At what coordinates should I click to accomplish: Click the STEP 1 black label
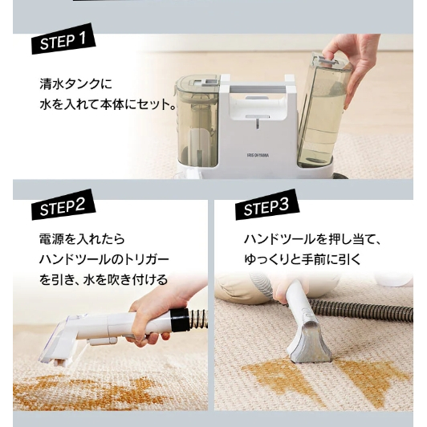click(x=65, y=40)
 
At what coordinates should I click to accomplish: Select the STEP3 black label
click(x=265, y=208)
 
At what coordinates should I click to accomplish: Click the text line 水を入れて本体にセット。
click(x=108, y=104)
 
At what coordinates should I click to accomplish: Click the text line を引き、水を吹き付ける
click(x=104, y=279)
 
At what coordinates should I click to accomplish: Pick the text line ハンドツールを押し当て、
click(x=312, y=239)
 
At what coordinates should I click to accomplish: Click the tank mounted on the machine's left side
click(x=195, y=120)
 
